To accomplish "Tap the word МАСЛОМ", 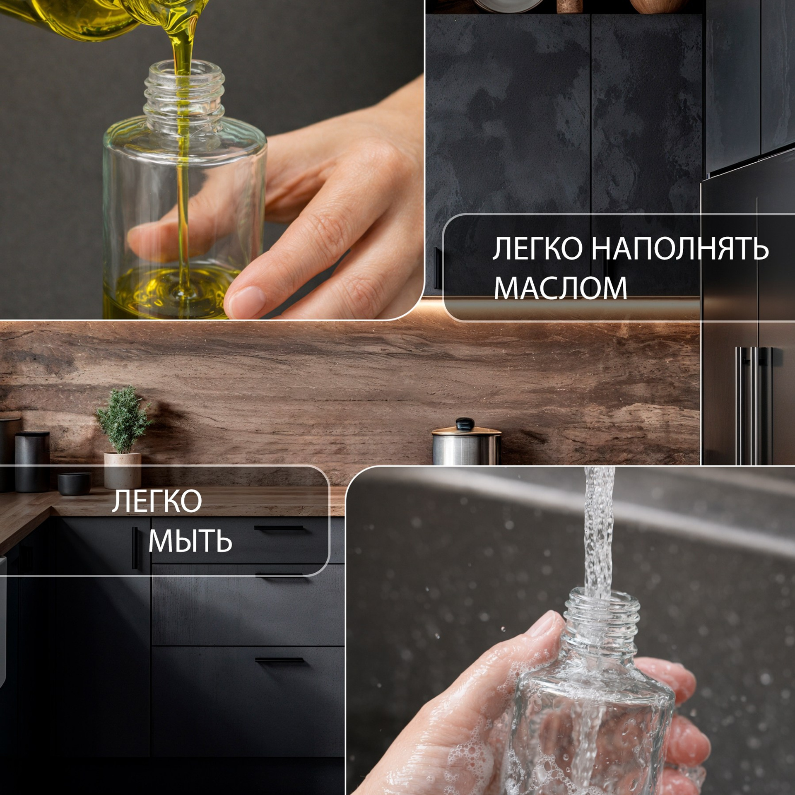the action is tap(560, 288).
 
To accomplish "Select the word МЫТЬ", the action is tap(190, 541).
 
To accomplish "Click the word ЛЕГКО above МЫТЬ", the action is tap(157, 501).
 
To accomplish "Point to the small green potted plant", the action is tap(123, 419).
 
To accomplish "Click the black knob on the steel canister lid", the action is tap(465, 424).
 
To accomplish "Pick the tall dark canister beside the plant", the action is tap(32, 461).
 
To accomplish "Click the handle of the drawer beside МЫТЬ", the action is tap(279, 528).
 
